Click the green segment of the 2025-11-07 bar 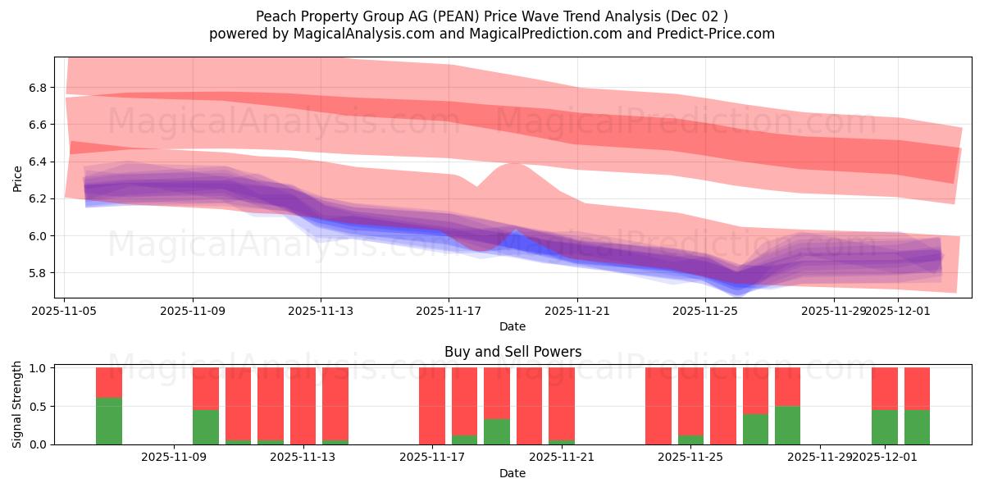click(x=109, y=421)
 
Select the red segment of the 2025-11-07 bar click(x=109, y=382)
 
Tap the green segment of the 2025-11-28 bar click(x=787, y=425)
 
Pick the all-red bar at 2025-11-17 click(x=432, y=406)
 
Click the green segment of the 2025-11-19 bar click(x=496, y=431)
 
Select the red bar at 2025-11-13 click(x=303, y=406)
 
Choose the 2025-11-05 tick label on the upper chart click(x=65, y=311)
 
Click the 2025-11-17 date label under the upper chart click(x=449, y=311)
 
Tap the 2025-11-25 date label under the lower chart click(x=690, y=458)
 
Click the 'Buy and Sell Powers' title click(x=512, y=352)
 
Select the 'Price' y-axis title click(x=18, y=178)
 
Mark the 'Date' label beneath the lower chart click(x=512, y=473)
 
